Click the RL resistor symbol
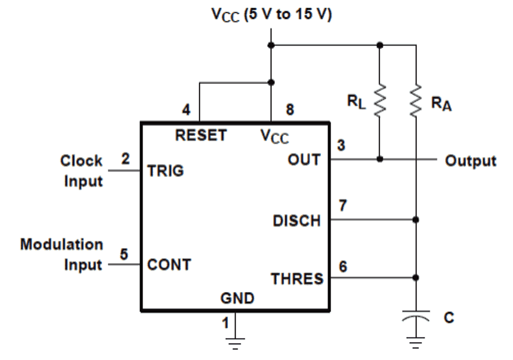point(379,100)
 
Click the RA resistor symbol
point(416,100)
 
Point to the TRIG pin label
point(165,171)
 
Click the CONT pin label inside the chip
point(169,265)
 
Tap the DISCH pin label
point(296,220)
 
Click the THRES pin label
point(297,279)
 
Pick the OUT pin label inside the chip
point(305,160)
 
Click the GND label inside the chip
point(236,298)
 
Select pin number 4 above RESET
point(186,110)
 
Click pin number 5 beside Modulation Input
point(123,253)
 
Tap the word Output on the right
point(470,161)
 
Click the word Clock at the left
point(81,161)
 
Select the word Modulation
point(61,244)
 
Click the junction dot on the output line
point(379,160)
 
